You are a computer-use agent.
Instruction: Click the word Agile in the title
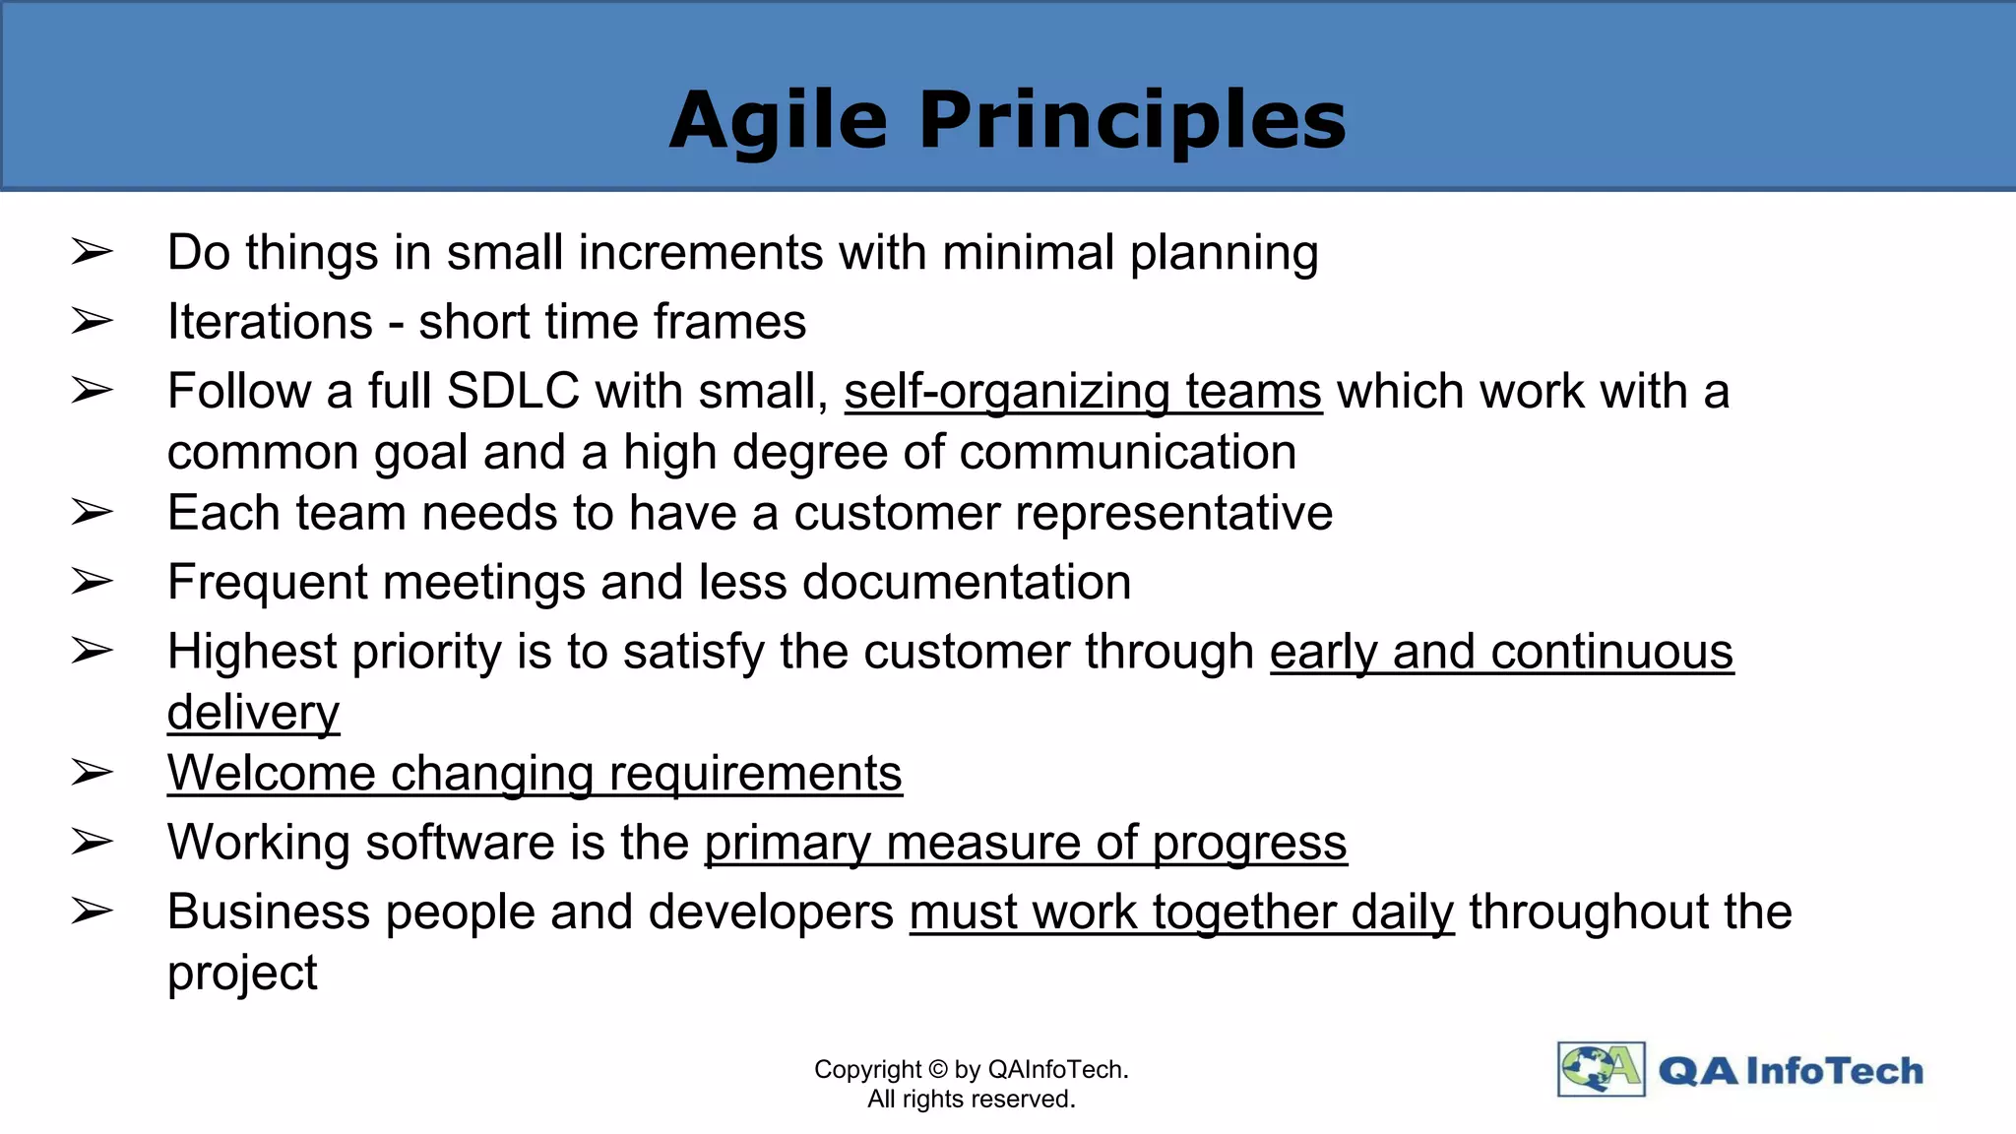778,120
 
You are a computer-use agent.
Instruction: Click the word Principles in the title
1132,120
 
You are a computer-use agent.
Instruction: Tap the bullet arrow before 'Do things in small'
93,253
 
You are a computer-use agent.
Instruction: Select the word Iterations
271,322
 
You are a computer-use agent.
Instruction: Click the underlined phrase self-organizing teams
1083,392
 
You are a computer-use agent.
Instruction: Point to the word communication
1128,453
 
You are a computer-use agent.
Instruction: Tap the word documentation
967,583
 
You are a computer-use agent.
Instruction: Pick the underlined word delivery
253,713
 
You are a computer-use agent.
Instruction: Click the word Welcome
272,774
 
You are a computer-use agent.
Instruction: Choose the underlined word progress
1249,844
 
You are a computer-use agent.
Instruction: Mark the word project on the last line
242,974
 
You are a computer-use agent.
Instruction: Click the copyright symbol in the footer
938,1069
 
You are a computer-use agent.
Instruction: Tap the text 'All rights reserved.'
971,1099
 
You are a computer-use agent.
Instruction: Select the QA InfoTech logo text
1791,1071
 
